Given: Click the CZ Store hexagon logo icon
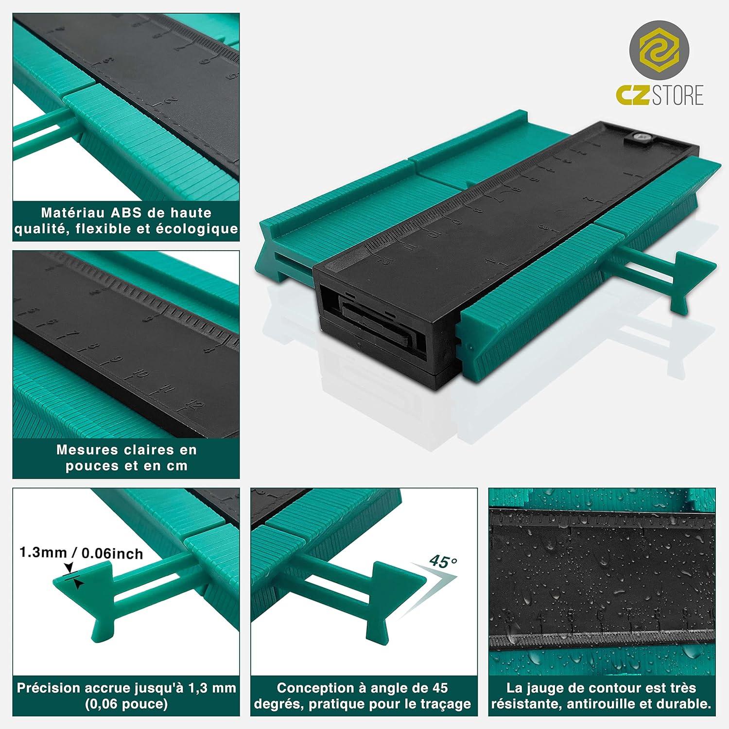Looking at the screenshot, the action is click(659, 51).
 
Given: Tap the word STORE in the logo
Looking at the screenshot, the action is click(677, 95).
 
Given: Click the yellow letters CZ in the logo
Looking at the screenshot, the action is click(633, 95).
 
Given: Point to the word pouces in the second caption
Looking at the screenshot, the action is click(91, 466).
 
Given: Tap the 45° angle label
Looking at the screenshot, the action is click(443, 562).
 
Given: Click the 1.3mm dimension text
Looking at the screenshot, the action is click(43, 553).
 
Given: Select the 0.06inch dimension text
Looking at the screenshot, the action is click(112, 554).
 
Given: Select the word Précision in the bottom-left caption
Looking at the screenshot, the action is click(49, 688).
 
